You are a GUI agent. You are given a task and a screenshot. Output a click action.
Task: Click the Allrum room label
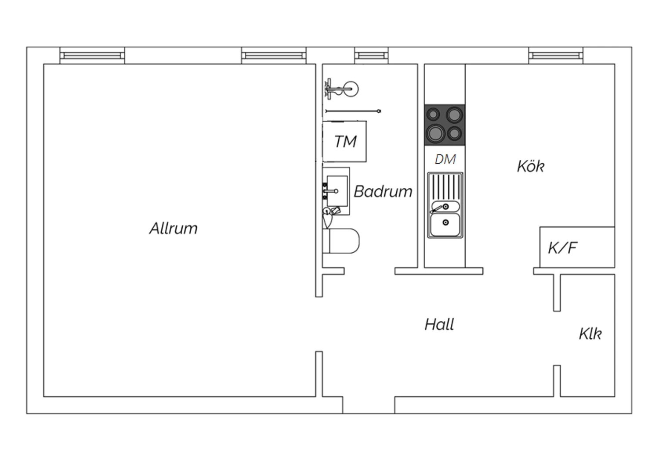[174, 228]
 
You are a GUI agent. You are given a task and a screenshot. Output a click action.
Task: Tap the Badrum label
[383, 192]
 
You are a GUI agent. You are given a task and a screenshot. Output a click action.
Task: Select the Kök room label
[531, 166]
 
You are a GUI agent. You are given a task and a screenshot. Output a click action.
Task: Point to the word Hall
[439, 324]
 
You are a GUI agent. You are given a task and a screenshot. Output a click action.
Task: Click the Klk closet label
[590, 333]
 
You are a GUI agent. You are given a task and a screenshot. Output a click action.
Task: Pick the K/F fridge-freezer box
[577, 247]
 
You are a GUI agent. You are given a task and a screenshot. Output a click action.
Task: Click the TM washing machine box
[344, 141]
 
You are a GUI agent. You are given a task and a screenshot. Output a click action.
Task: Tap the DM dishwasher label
[445, 159]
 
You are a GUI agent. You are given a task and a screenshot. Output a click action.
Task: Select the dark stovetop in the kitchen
[445, 125]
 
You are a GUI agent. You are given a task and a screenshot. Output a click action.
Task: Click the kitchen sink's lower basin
[445, 225]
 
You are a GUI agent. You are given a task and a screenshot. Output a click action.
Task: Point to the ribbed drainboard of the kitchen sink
[445, 186]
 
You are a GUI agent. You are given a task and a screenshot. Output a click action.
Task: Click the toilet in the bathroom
[341, 241]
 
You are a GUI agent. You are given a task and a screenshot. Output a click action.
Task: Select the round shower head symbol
[351, 89]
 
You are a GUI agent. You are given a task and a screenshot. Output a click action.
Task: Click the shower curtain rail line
[353, 111]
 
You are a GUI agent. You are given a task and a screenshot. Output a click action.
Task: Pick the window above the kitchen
[556, 56]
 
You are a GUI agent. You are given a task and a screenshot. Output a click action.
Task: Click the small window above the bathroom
[371, 56]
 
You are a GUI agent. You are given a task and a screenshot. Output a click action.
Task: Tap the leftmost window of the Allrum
[92, 56]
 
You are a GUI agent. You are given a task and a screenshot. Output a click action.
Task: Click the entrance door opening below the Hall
[369, 405]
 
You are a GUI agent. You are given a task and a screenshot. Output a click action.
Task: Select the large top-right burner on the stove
[454, 115]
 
